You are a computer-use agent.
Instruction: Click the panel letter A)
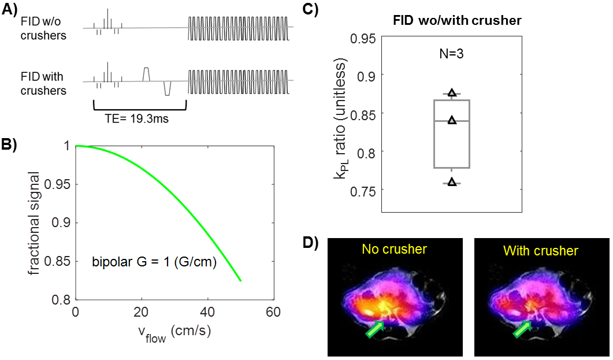[10, 11]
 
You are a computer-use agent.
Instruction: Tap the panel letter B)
[10, 146]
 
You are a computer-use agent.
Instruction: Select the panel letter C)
[310, 11]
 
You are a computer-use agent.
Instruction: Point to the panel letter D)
[310, 243]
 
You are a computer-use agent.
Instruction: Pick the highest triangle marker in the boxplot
[452, 92]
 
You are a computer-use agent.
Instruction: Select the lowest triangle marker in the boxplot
[452, 182]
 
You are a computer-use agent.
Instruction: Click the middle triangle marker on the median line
[452, 120]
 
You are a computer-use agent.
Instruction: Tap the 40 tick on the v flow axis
[207, 313]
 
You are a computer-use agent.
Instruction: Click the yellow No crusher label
[395, 250]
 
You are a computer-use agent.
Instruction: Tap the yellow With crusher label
[540, 251]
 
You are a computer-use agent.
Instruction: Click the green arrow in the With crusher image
[522, 330]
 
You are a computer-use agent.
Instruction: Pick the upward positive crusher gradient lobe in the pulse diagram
[147, 73]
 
